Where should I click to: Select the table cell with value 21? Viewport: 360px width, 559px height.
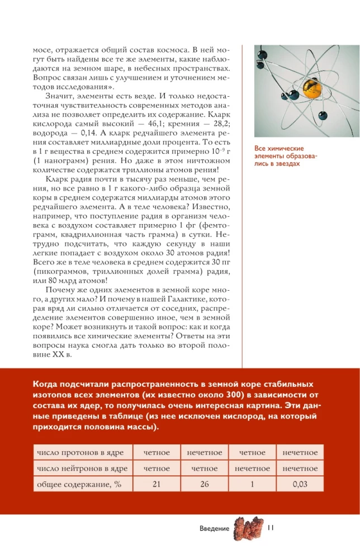[x=157, y=484]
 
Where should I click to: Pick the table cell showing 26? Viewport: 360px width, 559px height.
[x=205, y=484]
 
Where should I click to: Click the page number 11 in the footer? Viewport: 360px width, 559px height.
[x=270, y=527]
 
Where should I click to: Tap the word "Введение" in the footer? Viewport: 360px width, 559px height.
[x=214, y=529]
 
